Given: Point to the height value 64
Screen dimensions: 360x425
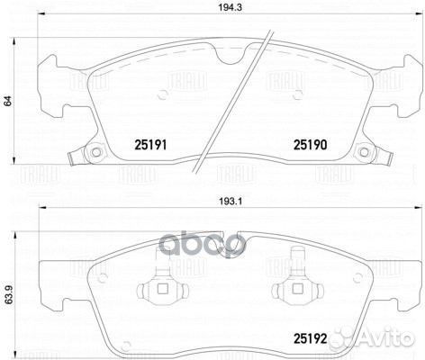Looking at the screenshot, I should tap(8, 102).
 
